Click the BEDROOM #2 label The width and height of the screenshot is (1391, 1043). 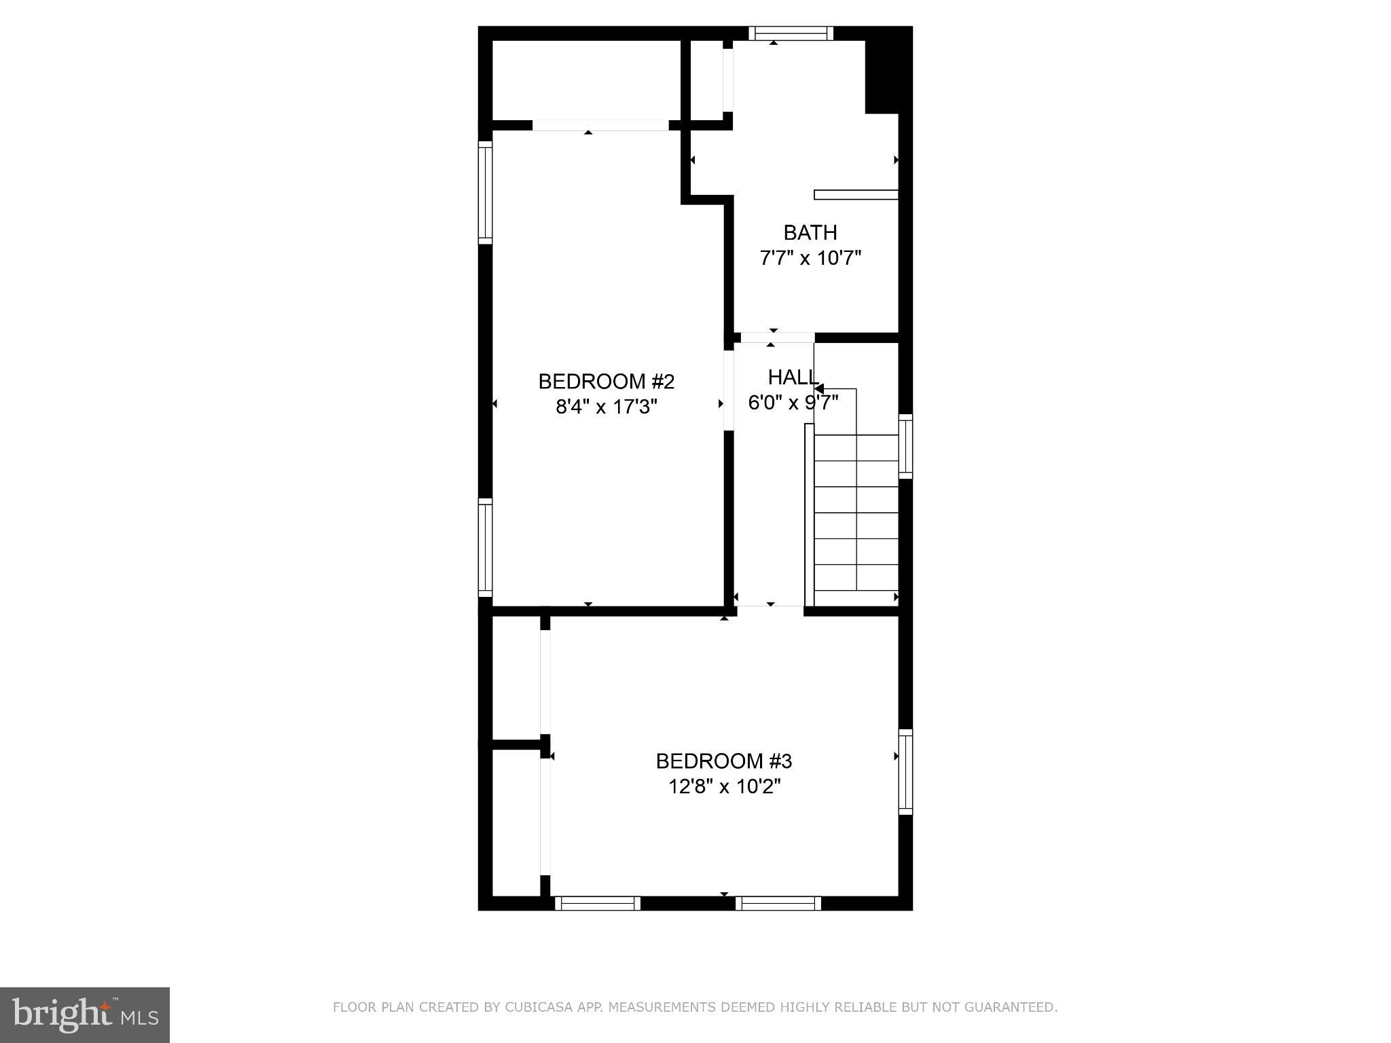click(x=606, y=382)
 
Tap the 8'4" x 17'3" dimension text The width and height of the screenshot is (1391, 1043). click(x=606, y=407)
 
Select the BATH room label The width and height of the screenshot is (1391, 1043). click(x=810, y=233)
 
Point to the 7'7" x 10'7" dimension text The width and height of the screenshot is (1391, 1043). click(x=810, y=258)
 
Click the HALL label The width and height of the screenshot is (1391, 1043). click(x=792, y=377)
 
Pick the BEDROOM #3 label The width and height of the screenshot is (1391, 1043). click(x=723, y=761)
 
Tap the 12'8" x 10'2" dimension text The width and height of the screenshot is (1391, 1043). click(x=724, y=786)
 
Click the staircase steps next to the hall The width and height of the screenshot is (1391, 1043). click(x=856, y=513)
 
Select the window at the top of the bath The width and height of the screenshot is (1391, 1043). click(x=791, y=33)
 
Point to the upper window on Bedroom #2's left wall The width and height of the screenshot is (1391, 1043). click(x=485, y=192)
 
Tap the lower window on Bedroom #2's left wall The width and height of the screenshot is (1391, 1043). click(x=485, y=547)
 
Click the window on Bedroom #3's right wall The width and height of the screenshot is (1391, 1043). click(x=905, y=771)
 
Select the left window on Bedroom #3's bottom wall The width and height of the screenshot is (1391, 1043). click(x=598, y=903)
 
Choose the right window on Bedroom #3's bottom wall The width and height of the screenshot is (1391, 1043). click(x=778, y=903)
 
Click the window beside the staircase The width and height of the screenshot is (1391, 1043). click(x=905, y=446)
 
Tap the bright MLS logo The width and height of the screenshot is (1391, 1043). click(x=85, y=1014)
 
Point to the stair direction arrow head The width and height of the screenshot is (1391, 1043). click(x=819, y=389)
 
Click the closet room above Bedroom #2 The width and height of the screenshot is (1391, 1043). click(x=585, y=80)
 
